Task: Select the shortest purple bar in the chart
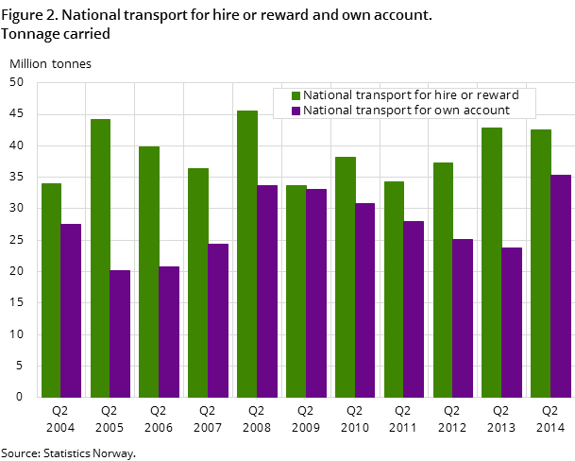point(120,333)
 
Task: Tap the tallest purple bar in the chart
point(561,285)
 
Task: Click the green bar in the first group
point(51,290)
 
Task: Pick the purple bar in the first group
point(71,310)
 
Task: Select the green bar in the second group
point(100,258)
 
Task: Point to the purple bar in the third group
point(169,332)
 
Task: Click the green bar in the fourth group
point(198,282)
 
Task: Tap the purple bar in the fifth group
point(267,291)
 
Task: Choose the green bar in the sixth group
point(296,291)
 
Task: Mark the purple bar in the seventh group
point(364,299)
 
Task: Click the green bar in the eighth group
point(394,289)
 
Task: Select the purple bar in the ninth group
point(463,317)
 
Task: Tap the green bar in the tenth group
point(492,262)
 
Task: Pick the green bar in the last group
point(540,263)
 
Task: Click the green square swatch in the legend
point(296,96)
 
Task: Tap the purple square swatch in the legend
point(296,111)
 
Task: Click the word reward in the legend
point(498,95)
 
